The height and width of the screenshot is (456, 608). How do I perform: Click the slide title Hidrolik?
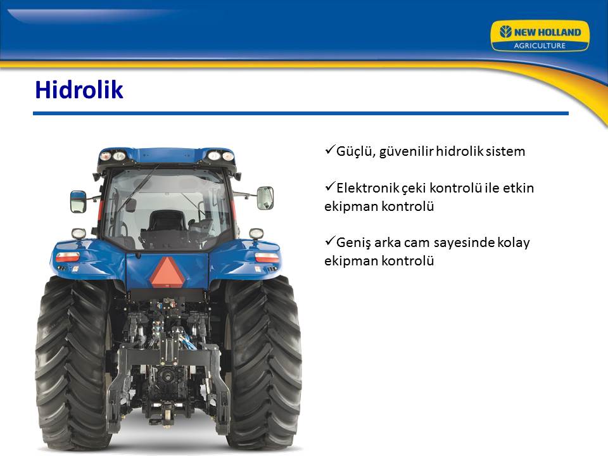point(79,89)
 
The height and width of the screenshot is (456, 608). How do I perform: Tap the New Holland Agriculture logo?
point(540,35)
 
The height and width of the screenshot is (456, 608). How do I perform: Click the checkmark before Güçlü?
point(329,149)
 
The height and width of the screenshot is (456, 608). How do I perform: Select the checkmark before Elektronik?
point(329,186)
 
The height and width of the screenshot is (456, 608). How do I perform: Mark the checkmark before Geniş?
point(329,241)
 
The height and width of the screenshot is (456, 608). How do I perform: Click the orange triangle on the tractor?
point(167,272)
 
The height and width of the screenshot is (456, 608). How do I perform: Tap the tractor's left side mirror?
point(79,201)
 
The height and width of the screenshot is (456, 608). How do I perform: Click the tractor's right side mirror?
point(265,198)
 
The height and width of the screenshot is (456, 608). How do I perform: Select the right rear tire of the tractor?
point(263,362)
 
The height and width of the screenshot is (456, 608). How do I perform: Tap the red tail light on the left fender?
point(68,256)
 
